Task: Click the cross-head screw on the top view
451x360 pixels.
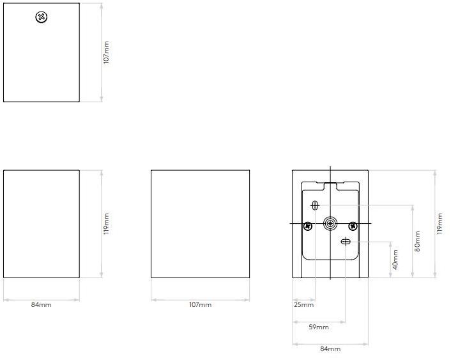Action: (42, 17)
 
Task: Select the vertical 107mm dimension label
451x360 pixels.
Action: (107, 52)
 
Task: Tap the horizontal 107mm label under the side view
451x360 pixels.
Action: (200, 305)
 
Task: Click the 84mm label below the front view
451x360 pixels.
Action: (41, 305)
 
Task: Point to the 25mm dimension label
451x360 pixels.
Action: (303, 305)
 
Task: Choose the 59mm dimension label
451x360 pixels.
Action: (319, 327)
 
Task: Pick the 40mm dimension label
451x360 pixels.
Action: (395, 260)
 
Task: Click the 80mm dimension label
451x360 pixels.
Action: (417, 241)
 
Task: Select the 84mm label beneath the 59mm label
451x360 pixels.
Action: (330, 348)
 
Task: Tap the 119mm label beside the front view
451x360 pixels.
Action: (107, 224)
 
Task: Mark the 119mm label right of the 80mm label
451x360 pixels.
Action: (440, 224)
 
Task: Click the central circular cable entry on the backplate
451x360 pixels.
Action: (330, 224)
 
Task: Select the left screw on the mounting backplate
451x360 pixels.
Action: (308, 226)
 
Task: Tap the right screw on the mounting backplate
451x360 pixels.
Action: (353, 226)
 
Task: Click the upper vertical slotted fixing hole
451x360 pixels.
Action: (315, 205)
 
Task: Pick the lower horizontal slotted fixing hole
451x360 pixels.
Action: (346, 241)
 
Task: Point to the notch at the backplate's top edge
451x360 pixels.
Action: (330, 186)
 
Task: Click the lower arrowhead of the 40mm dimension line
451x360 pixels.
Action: (390, 275)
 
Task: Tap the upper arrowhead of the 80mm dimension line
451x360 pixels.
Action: (413, 208)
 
